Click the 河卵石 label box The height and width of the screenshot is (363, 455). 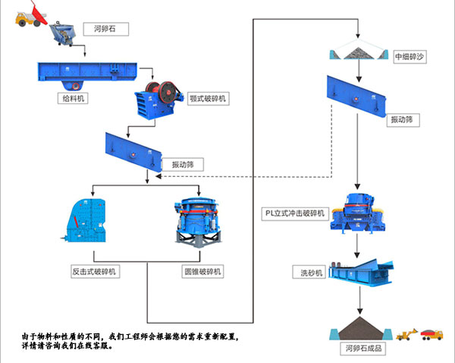106,30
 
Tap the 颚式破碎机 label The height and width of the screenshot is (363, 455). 207,99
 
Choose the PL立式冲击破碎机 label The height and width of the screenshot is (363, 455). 295,213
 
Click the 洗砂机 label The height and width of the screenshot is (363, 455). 311,272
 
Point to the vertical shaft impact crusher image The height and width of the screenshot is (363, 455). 358,210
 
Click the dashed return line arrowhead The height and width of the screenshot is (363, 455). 158,177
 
